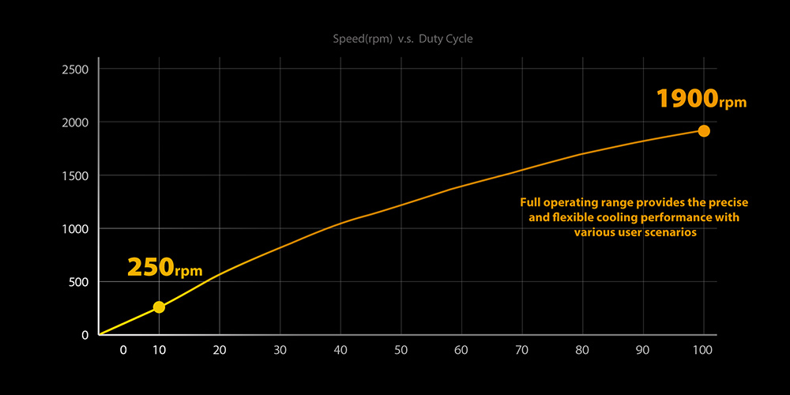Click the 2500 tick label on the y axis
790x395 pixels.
75,70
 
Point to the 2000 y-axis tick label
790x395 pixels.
75,122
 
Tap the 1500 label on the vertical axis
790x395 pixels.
75,175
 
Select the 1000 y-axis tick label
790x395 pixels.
75,228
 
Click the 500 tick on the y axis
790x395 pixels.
78,282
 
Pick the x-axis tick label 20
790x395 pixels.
220,350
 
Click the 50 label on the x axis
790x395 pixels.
401,350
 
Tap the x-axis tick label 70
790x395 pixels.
521,350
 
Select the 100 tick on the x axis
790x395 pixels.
703,350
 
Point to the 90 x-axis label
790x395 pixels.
642,350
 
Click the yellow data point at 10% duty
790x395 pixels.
159,307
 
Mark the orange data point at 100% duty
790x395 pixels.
703,131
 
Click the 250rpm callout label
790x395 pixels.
164,267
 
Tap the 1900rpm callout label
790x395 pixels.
701,100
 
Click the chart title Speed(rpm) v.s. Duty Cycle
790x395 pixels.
404,38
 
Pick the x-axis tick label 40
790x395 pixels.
340,350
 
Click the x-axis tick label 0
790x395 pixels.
122,350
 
